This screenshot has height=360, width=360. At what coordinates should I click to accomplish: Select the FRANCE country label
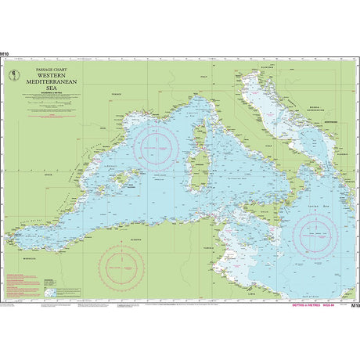(117, 93)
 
